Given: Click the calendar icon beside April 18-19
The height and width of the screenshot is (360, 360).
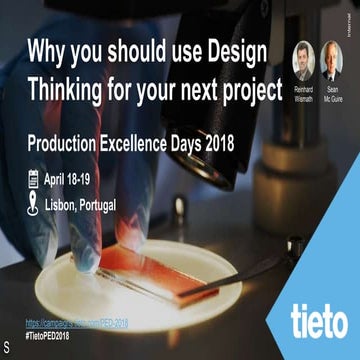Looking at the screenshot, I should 32,181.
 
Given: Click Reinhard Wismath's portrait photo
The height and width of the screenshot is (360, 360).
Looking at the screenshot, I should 302,61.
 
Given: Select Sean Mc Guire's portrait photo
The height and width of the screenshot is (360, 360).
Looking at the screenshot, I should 332,61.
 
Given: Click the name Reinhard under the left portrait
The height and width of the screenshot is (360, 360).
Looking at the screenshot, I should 302,90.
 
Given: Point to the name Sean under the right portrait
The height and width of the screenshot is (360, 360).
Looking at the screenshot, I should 332,90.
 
